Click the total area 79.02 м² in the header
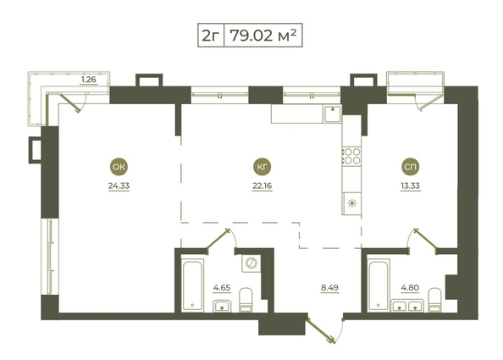(263, 36)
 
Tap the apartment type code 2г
(211, 36)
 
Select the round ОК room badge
(119, 167)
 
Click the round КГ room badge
(263, 167)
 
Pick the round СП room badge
(411, 167)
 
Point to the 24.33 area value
(119, 186)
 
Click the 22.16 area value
(263, 186)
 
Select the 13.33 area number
(410, 186)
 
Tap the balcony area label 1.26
(89, 80)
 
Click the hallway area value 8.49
(329, 288)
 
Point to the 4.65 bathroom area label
(222, 288)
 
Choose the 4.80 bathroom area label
(410, 288)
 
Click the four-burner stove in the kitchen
(352, 156)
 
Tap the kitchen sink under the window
(333, 114)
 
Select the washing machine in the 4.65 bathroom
(251, 263)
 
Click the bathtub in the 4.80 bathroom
(379, 285)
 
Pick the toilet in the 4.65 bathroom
(246, 300)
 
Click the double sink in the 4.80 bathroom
(407, 306)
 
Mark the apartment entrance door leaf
(321, 331)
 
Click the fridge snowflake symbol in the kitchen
(352, 203)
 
